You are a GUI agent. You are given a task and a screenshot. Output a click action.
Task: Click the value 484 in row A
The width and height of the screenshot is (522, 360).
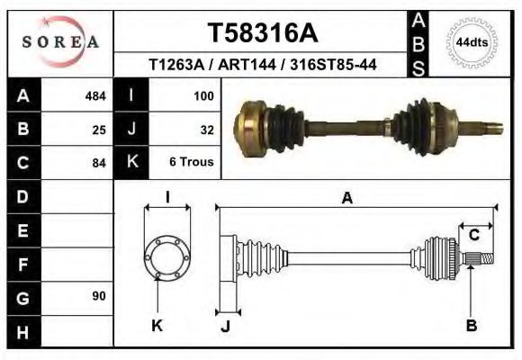click(x=95, y=95)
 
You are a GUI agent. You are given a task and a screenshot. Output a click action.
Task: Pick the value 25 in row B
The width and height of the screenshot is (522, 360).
click(x=99, y=130)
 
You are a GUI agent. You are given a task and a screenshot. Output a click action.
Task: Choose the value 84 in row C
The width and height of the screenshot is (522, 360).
click(x=99, y=163)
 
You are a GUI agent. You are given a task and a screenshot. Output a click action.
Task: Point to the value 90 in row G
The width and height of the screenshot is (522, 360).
click(x=99, y=296)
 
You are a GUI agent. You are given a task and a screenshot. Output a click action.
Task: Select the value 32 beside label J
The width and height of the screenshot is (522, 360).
click(x=206, y=130)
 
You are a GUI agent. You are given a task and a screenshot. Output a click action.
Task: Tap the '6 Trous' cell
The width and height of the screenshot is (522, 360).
click(x=192, y=163)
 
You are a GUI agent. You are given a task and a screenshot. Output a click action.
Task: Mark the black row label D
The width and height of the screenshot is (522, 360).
click(x=22, y=196)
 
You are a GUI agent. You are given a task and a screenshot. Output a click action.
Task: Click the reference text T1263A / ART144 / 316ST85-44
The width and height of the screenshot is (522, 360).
click(x=262, y=66)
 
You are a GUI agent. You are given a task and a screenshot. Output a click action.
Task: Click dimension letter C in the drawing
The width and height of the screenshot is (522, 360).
click(x=473, y=236)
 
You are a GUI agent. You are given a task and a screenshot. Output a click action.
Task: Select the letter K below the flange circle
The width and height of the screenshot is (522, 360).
click(x=157, y=326)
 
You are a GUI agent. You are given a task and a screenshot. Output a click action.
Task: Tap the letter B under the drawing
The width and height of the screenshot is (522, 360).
click(x=471, y=326)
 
